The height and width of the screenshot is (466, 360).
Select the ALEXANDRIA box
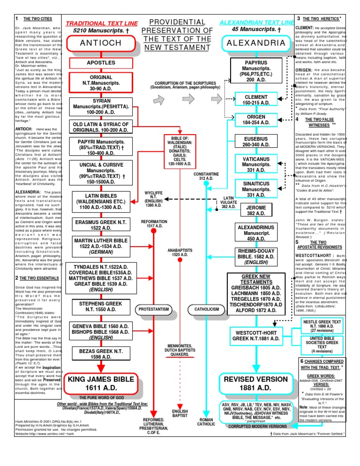coord(255,43)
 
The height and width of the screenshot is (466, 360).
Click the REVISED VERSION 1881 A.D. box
coord(256,383)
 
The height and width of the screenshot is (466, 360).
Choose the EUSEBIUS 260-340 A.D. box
coord(255,142)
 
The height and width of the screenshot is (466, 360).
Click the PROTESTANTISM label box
coord(154,309)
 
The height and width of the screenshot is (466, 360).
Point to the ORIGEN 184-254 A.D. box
coord(256,120)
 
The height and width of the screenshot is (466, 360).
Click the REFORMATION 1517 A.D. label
coord(154,222)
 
